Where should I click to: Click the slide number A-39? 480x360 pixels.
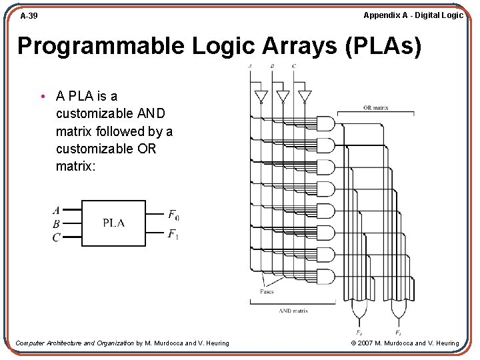pyautogui.click(x=29, y=15)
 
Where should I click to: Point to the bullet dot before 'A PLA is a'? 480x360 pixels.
pyautogui.click(x=42, y=97)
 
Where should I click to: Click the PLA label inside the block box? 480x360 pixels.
pyautogui.click(x=113, y=223)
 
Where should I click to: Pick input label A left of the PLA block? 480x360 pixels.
pyautogui.click(x=56, y=211)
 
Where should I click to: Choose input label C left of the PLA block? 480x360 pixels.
pyautogui.click(x=56, y=237)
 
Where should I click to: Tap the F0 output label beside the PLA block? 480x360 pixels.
pyautogui.click(x=173, y=215)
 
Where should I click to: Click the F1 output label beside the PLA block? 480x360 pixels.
pyautogui.click(x=173, y=234)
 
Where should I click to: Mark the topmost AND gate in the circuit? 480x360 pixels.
pyautogui.click(x=325, y=123)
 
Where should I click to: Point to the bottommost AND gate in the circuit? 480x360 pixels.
pyautogui.click(x=325, y=277)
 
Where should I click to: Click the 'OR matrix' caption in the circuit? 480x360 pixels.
pyautogui.click(x=376, y=107)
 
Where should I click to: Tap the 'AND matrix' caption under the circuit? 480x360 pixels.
pyautogui.click(x=293, y=311)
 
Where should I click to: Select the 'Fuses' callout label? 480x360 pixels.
pyautogui.click(x=267, y=291)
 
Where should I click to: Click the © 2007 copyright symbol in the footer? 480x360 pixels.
pyautogui.click(x=353, y=343)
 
